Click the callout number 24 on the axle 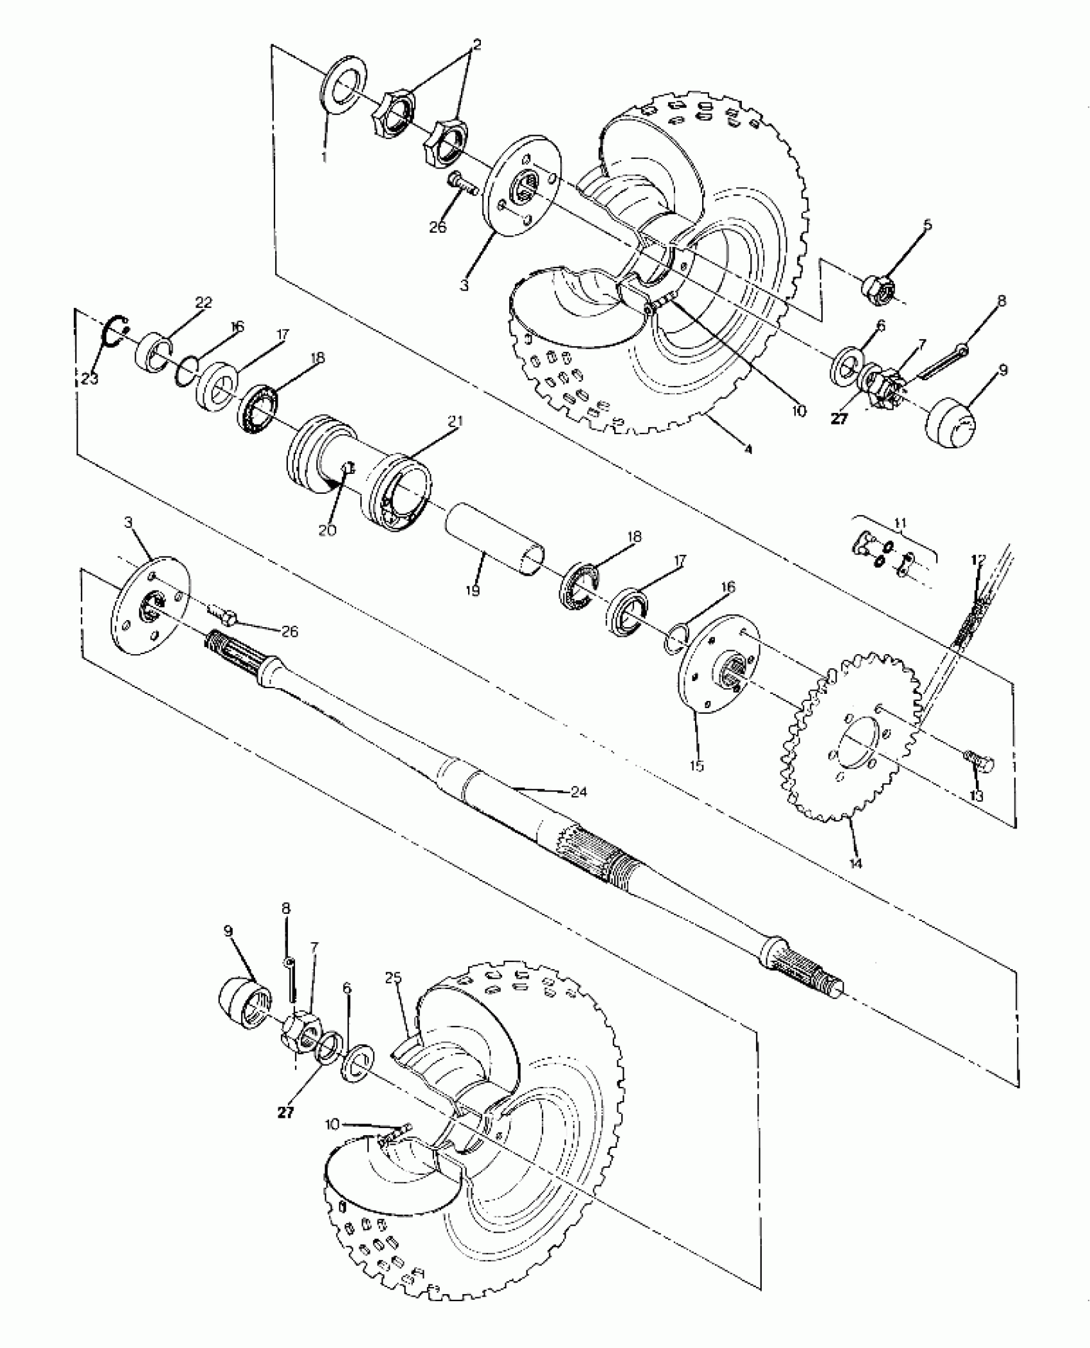(579, 793)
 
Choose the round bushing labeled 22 (155, 352)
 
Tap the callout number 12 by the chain (977, 559)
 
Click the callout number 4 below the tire (747, 450)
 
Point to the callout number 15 (697, 765)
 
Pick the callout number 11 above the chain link (900, 523)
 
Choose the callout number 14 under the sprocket (855, 863)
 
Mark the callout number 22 (203, 302)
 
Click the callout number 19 (473, 589)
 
